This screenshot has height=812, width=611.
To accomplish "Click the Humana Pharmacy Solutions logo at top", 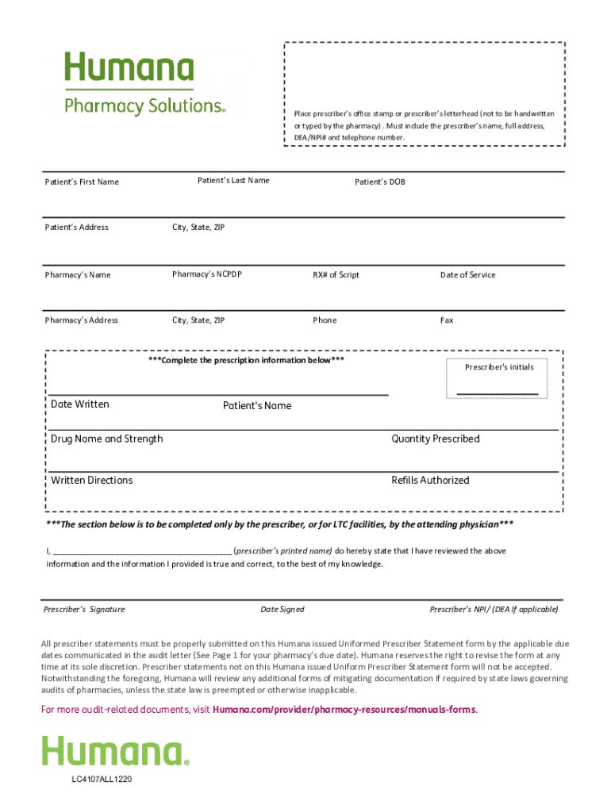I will (144, 83).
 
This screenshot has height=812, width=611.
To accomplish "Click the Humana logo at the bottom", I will (115, 751).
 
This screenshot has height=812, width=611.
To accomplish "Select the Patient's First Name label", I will (82, 182).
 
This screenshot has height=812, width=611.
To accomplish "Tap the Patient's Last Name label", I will (233, 181).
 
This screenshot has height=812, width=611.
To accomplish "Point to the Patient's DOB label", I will (379, 182).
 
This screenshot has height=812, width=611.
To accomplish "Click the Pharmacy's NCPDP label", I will (207, 275).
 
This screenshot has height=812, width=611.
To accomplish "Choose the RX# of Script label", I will (336, 275).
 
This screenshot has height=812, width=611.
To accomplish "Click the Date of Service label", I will (467, 275).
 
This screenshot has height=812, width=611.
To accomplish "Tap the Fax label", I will (447, 320).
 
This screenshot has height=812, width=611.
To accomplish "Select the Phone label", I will (325, 320).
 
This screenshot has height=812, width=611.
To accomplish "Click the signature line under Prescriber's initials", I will (498, 393).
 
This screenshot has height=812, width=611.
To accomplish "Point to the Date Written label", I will (80, 404).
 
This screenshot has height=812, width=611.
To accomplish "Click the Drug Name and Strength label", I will (107, 439).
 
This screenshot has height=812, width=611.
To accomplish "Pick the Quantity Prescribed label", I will (435, 439).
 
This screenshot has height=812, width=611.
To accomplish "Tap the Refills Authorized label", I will (430, 481).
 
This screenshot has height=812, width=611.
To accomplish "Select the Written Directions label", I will (92, 481).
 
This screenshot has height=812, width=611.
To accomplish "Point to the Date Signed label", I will (282, 610).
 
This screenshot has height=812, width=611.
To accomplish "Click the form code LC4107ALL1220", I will (102, 779).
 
